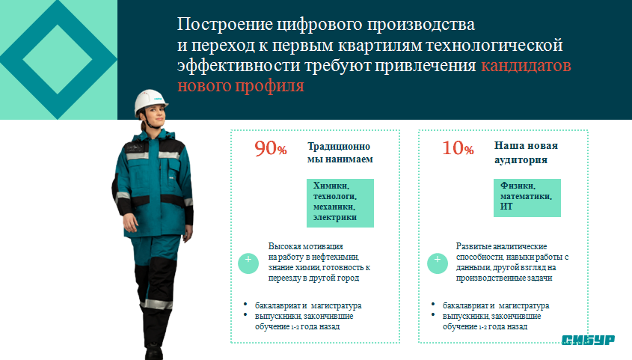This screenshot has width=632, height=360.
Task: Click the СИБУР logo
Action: tap(588, 340)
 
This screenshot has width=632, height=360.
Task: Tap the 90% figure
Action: tap(271, 148)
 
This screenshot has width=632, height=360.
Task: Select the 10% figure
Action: tap(458, 148)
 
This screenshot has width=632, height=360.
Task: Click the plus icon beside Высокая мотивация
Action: tap(248, 263)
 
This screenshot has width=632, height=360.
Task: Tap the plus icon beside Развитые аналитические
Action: tap(438, 263)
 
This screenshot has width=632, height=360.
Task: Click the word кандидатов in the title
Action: tap(526, 65)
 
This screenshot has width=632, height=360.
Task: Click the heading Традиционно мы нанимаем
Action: tap(340, 153)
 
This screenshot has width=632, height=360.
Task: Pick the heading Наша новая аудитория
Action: tap(526, 153)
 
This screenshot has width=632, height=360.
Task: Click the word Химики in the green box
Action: tap(331, 186)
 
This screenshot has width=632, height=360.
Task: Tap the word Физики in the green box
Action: tap(518, 186)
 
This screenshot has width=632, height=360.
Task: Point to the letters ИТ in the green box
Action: tap(506, 207)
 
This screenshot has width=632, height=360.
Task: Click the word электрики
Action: tap(335, 217)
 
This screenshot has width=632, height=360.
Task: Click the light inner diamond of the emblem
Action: tap(58, 59)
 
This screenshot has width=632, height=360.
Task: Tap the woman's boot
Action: tap(154, 353)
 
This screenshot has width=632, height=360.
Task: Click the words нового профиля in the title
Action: tap(241, 86)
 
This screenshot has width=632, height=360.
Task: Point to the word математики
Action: tap(526, 196)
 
